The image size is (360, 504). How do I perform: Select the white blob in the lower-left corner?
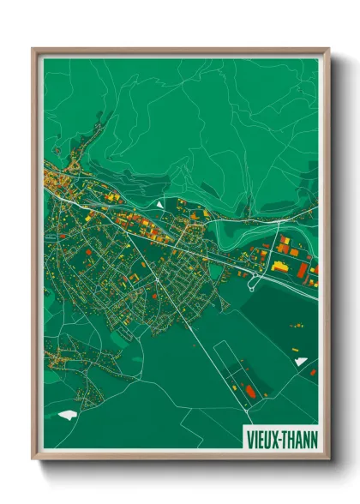[x=68, y=416]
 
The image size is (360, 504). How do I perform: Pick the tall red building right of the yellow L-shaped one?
[x=303, y=269]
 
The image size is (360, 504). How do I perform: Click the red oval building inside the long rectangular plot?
[x=250, y=391]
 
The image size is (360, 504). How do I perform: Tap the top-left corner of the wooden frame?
[x=33, y=50]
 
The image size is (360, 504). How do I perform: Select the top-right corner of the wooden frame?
[x=328, y=50]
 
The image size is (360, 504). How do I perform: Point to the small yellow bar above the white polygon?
[x=296, y=350]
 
